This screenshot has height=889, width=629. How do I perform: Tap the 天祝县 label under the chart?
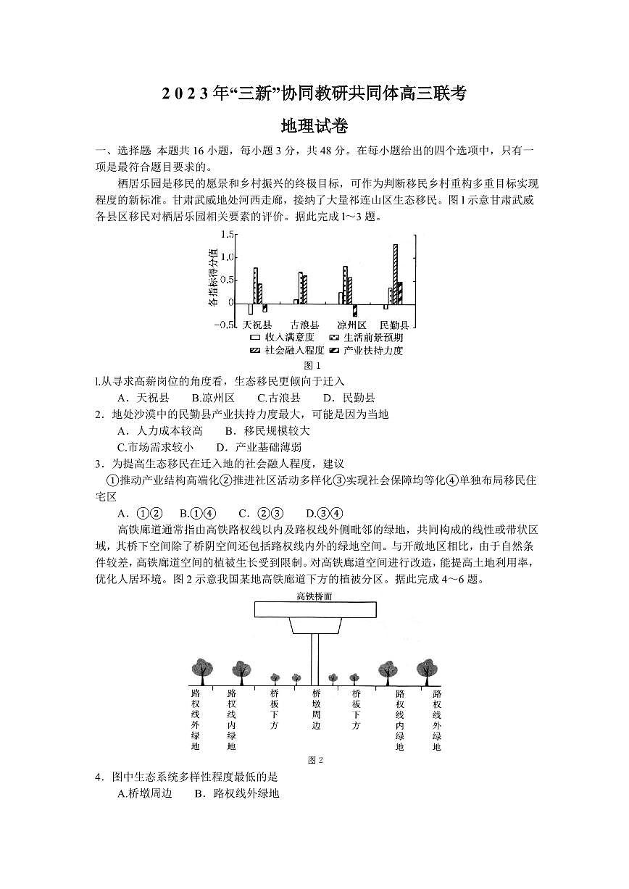(x=257, y=325)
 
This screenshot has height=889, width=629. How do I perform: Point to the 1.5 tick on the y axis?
(x=228, y=235)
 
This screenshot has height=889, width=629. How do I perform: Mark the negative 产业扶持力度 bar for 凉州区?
(x=354, y=309)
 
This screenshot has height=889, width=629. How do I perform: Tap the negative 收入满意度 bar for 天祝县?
(x=251, y=309)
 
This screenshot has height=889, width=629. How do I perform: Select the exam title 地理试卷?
(x=314, y=126)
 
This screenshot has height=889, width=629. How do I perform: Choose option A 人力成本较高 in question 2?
(x=161, y=431)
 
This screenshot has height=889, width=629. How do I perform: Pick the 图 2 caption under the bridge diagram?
(x=315, y=760)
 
